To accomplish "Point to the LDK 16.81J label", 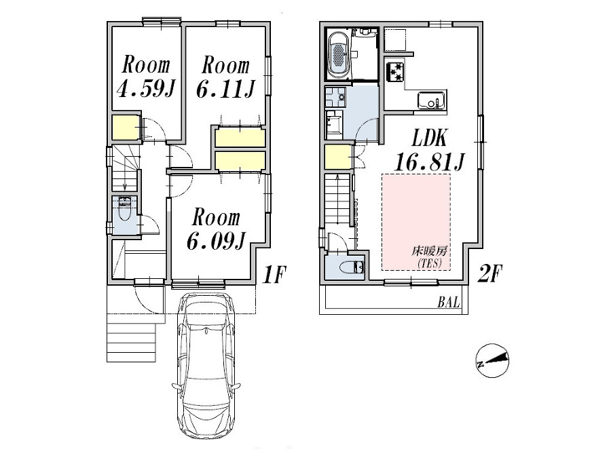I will coord(429,162).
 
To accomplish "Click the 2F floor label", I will coord(491,275).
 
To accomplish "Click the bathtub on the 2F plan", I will coord(337,55).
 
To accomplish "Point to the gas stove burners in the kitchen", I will coord(396,71).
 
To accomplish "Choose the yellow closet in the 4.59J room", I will coord(125,128).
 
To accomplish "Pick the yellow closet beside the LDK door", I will coord(337,157).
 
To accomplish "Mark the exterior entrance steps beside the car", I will coord(132,343).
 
